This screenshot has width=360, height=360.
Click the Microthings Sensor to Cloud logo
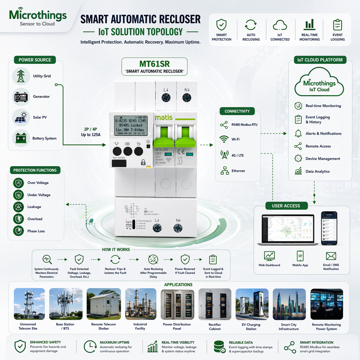click(38, 17)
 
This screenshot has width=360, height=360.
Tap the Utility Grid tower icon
click(21, 76)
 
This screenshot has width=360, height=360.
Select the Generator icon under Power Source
click(21, 97)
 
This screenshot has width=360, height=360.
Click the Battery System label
click(44, 138)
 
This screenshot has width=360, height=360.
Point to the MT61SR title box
click(154, 67)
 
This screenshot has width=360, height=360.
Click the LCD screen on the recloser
click(131, 125)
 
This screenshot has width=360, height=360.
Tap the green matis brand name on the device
click(164, 118)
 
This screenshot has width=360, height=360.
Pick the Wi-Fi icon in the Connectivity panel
click(224, 139)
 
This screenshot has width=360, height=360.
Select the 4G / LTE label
click(237, 156)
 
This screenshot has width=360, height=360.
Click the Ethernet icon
click(224, 171)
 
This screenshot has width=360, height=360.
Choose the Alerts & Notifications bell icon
click(298, 133)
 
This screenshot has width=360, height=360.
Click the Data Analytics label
click(318, 171)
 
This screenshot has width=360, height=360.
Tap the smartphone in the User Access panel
click(329, 228)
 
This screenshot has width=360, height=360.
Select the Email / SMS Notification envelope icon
click(331, 256)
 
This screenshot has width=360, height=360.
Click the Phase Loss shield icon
click(19, 231)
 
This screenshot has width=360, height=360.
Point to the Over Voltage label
click(38, 183)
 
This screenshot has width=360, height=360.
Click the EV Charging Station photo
click(252, 304)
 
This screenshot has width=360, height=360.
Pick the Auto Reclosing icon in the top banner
click(251, 25)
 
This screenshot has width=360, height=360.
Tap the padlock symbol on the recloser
click(143, 162)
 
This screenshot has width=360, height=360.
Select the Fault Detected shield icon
click(79, 259)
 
